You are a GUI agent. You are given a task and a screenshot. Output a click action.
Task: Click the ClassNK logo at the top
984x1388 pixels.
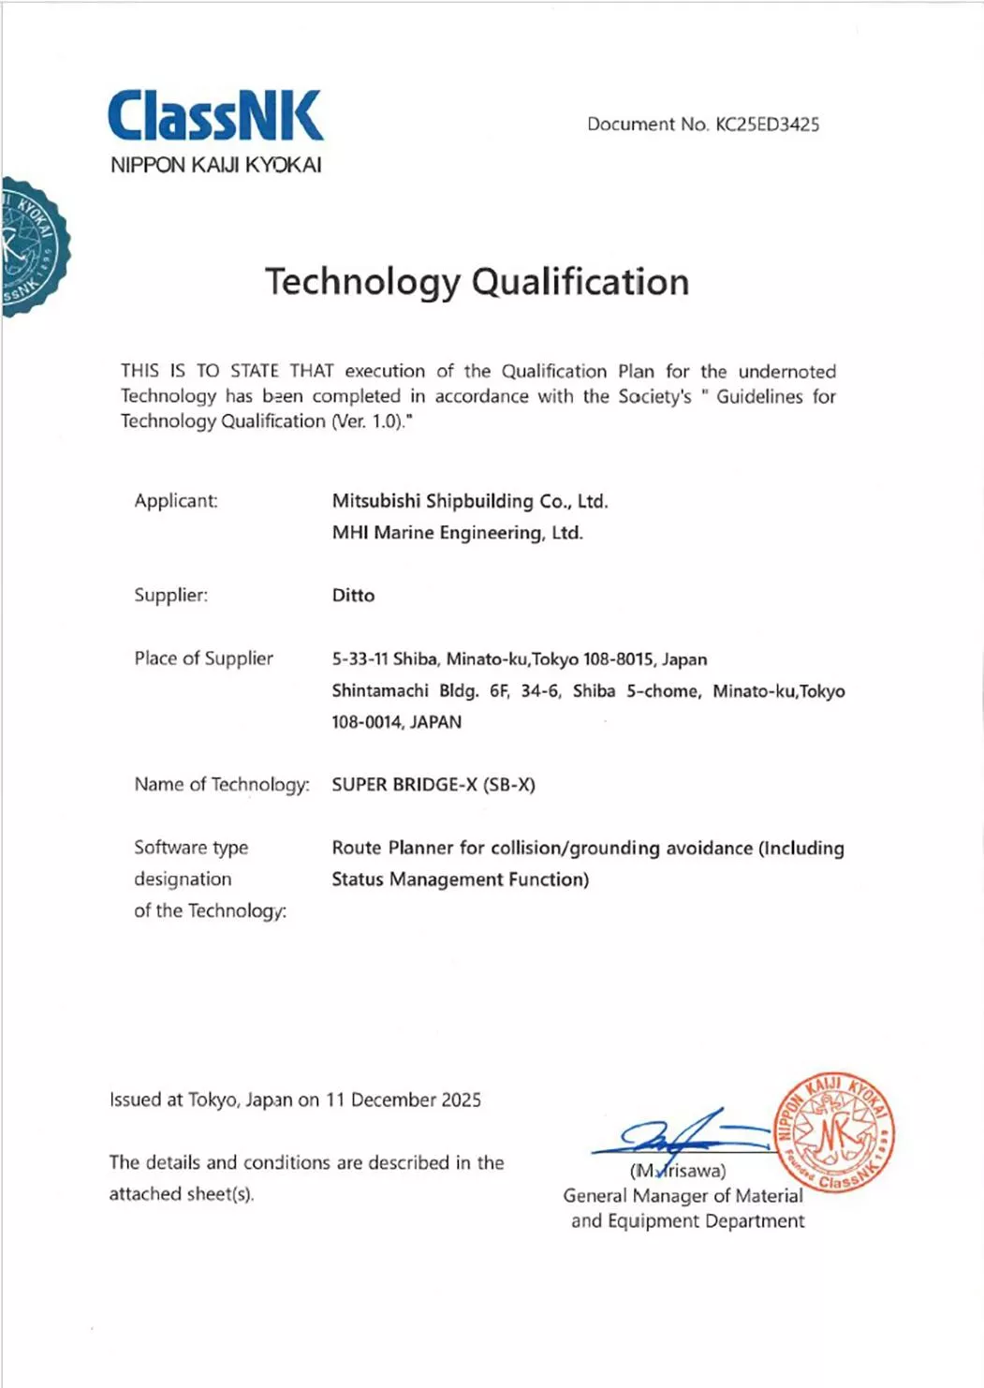215,116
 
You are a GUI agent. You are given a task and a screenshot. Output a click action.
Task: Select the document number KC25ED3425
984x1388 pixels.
767,125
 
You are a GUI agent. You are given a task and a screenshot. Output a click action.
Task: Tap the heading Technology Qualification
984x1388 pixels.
477,282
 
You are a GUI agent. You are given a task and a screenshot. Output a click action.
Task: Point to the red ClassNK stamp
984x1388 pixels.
834,1133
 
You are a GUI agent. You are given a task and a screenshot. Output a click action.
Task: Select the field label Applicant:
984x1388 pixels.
176,501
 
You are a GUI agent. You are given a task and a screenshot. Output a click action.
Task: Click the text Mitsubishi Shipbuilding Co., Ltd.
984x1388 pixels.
470,501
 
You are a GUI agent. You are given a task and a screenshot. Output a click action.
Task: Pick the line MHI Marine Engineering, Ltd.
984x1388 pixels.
457,533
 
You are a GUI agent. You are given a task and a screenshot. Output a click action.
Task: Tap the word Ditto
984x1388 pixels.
353,596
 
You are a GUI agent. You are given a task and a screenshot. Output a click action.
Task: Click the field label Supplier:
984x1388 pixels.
170,596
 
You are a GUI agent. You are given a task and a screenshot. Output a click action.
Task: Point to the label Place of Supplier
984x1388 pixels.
203,658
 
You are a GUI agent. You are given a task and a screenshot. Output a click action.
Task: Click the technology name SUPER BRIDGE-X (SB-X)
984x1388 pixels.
433,785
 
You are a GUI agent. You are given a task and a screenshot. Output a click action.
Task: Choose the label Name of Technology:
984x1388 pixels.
221,785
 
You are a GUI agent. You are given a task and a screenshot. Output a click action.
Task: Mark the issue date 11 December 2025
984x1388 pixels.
404,1100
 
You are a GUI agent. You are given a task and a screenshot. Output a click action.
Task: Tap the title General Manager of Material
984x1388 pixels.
683,1196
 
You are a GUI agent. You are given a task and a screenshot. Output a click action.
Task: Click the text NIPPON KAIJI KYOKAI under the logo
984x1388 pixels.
215,166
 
